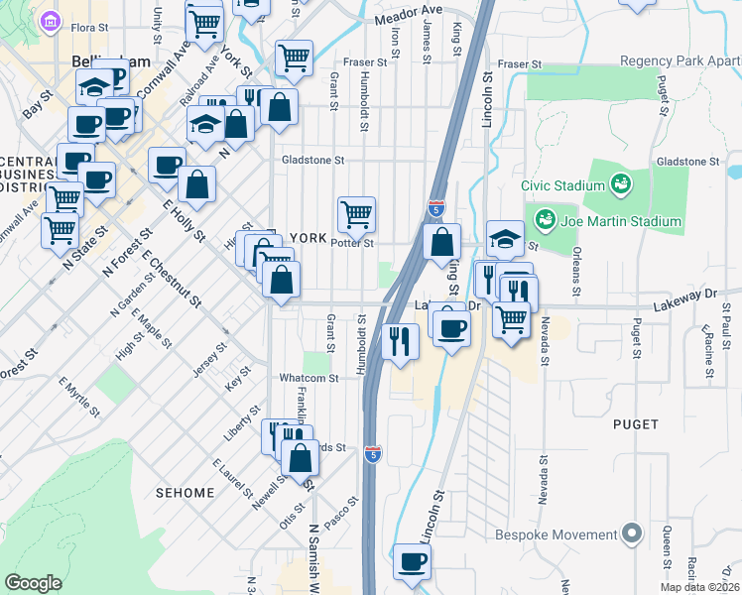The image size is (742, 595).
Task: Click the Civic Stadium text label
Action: (563, 185)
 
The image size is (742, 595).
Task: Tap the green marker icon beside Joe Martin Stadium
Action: (544, 217)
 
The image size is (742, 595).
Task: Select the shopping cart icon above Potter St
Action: (356, 212)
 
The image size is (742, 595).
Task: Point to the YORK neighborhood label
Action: (308, 239)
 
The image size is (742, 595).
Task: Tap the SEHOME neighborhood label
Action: (185, 493)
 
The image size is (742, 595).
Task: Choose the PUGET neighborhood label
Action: (636, 424)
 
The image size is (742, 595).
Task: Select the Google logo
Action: (33, 583)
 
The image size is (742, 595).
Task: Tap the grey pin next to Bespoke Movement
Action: (631, 535)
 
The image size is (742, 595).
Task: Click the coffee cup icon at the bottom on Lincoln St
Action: (413, 560)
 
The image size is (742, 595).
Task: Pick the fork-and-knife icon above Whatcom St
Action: (399, 341)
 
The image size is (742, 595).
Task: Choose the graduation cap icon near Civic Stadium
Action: (505, 237)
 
